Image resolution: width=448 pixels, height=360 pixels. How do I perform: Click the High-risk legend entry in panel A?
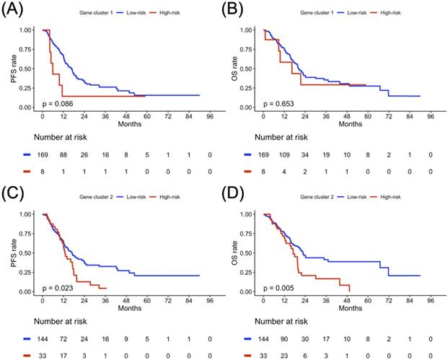click(165, 13)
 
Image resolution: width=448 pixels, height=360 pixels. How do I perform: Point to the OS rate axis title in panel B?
click(234, 69)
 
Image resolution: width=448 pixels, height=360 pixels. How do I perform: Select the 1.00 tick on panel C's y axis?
click(28, 215)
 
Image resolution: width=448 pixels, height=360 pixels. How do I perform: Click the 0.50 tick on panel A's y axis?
click(28, 69)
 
